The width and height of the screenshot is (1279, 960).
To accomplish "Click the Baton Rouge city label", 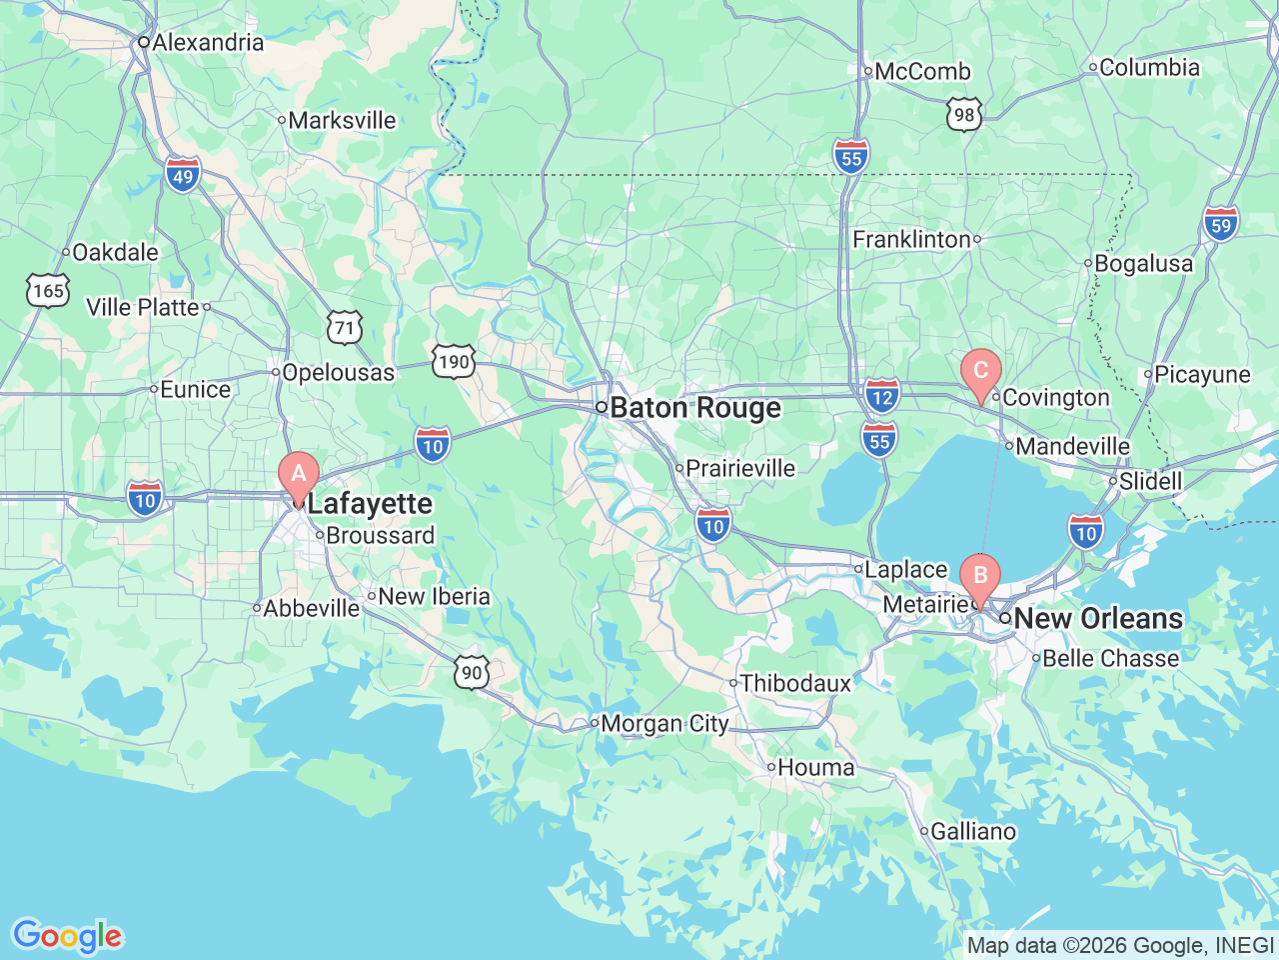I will click(x=694, y=408).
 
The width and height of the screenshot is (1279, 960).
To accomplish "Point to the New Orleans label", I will click(x=1097, y=619).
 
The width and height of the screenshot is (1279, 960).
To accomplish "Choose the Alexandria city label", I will click(x=208, y=43).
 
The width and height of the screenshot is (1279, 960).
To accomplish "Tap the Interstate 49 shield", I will click(x=183, y=176).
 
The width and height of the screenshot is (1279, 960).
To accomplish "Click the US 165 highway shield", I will click(x=48, y=291).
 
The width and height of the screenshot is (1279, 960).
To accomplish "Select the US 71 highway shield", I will click(x=345, y=327).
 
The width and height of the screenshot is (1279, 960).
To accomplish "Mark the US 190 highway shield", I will click(x=454, y=361).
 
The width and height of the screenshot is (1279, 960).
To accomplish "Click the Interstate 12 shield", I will click(x=882, y=394).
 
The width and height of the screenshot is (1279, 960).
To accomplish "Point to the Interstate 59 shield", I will click(x=1221, y=223).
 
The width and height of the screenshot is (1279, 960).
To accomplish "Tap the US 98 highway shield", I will click(x=964, y=114).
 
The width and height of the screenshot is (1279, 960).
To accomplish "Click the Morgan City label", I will click(x=664, y=724).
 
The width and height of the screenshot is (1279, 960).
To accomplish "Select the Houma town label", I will click(x=815, y=768).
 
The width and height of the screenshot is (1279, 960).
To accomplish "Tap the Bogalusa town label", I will click(x=1143, y=264).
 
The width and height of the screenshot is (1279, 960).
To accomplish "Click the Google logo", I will click(x=67, y=936).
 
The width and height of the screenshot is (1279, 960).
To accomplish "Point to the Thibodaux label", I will click(x=795, y=684).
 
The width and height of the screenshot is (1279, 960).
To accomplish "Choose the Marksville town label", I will click(x=342, y=121).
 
